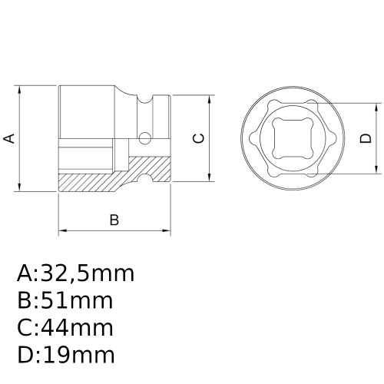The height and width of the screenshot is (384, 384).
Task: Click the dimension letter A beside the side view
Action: pyautogui.click(x=9, y=138)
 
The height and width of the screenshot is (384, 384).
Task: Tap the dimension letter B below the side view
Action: pyautogui.click(x=114, y=220)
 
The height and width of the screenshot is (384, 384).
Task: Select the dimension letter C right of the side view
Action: pyautogui.click(x=198, y=138)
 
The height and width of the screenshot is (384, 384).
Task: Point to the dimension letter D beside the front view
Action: pyautogui.click(x=366, y=138)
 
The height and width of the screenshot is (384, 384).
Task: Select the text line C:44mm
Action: pyautogui.click(x=65, y=328)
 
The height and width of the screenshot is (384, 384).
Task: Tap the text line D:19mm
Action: pyautogui.click(x=65, y=355)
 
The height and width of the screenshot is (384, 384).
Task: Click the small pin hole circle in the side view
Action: pyautogui.click(x=143, y=138)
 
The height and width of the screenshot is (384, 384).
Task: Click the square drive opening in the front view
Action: pyautogui.click(x=290, y=138)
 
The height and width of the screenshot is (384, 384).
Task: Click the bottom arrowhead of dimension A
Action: pyautogui.click(x=21, y=188)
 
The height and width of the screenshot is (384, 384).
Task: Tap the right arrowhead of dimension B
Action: pyautogui.click(x=167, y=230)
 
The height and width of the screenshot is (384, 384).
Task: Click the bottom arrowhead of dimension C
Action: pyautogui.click(x=210, y=178)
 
